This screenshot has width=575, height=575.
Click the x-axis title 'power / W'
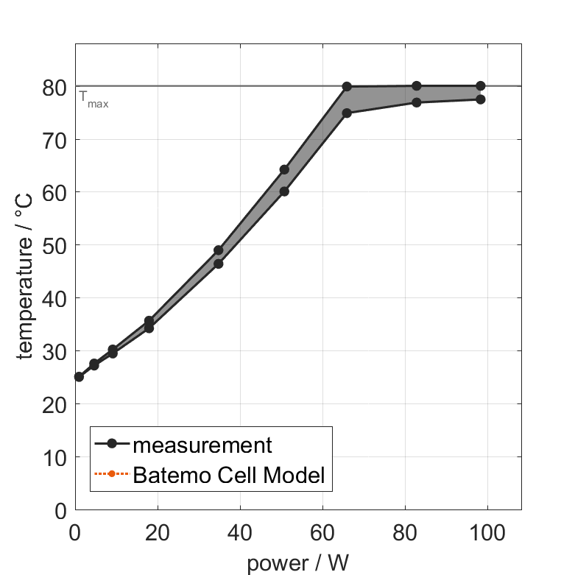tap(297, 563)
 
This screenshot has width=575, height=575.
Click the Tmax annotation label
tap(94, 99)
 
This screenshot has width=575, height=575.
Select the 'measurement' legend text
tap(202, 445)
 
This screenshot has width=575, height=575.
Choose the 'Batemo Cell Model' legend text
tap(229, 475)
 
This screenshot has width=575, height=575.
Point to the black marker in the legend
tap(112, 444)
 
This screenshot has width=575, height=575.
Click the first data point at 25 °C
tap(79, 377)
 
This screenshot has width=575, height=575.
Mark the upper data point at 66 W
tap(347, 87)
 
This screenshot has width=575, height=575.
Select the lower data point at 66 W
tap(347, 113)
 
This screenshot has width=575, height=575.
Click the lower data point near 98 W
tap(481, 99)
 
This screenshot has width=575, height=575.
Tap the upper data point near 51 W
tap(284, 169)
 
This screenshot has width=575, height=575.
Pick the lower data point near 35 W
tap(218, 264)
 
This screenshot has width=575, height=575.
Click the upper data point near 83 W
tap(417, 86)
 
